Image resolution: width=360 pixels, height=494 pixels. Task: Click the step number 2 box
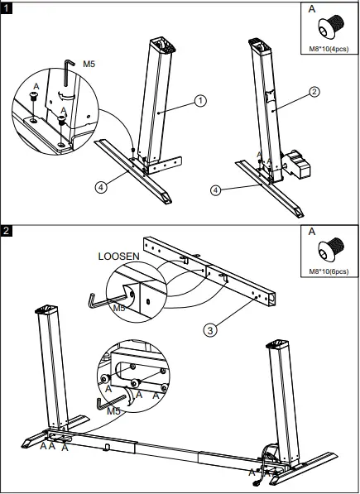8,230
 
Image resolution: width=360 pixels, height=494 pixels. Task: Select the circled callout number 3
210,329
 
